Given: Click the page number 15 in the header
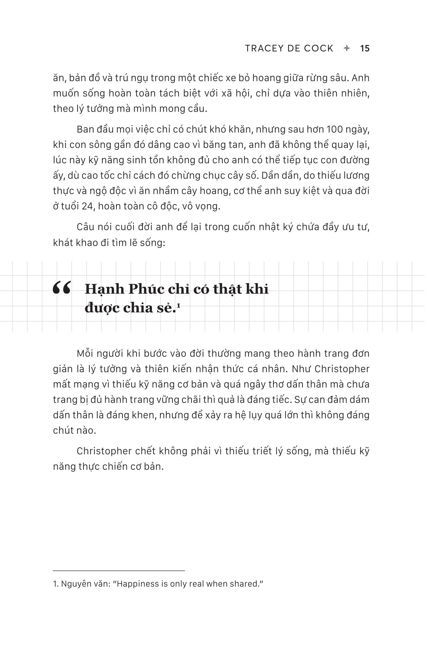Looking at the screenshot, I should tap(365, 49).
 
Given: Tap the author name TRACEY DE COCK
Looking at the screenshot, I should tap(289, 49).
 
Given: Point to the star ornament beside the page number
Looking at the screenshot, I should tap(347, 49).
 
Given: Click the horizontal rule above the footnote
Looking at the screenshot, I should tap(119, 570).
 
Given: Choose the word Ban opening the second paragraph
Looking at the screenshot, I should tap(85, 129).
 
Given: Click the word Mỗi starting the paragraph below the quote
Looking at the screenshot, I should tap(85, 354).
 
